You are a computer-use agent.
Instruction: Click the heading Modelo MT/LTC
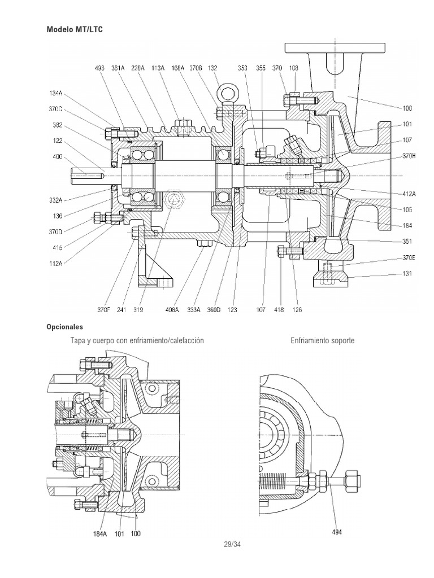(x=75, y=28)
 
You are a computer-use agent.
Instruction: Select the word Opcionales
(x=64, y=327)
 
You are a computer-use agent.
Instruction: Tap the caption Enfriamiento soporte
(x=323, y=341)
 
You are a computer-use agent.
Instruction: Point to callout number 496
(x=99, y=68)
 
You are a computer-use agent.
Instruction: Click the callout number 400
(x=57, y=157)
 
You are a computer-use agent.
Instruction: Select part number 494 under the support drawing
(x=336, y=532)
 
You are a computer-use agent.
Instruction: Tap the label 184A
(x=101, y=533)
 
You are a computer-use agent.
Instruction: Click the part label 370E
(x=408, y=257)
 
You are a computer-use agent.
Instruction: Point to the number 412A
(x=408, y=193)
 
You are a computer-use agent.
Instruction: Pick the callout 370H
(x=408, y=156)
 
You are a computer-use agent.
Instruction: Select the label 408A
(x=172, y=310)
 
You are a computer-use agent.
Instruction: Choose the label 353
(x=242, y=68)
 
